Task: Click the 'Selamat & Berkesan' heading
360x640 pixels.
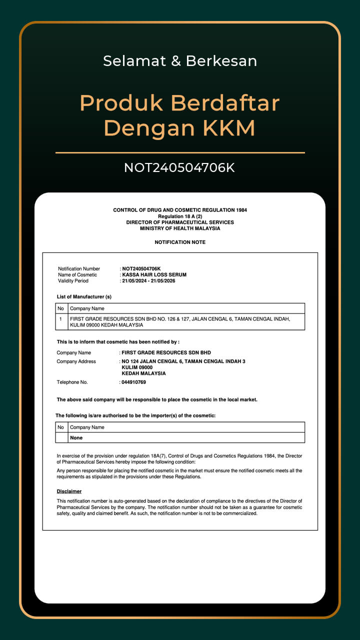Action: pos(180,61)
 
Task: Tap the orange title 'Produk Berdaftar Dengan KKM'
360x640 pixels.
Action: pos(179,115)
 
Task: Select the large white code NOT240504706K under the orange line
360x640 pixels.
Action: pos(179,168)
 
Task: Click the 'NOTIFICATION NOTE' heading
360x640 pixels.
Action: pos(180,242)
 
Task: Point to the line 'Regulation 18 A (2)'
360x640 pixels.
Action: pos(180,216)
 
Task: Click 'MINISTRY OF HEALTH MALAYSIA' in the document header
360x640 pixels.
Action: pos(180,228)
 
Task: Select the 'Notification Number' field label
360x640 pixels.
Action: pos(79,269)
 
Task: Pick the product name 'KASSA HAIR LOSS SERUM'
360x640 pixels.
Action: pos(154,275)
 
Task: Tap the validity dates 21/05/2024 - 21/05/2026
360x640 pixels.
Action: pos(148,281)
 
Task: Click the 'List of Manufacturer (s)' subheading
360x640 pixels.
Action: pos(84,297)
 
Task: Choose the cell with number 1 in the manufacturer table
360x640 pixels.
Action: pos(60,318)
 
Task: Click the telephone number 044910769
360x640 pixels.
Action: pos(133,382)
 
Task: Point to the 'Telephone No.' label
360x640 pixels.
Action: pos(72,382)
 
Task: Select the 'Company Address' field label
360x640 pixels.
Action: pos(76,361)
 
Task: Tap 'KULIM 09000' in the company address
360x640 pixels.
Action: pos(137,367)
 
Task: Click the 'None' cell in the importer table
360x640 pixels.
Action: pos(76,438)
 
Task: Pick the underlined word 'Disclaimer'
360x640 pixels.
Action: pos(69,491)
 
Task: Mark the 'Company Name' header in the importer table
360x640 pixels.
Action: pos(87,427)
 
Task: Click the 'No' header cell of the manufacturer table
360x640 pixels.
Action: pos(60,308)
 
